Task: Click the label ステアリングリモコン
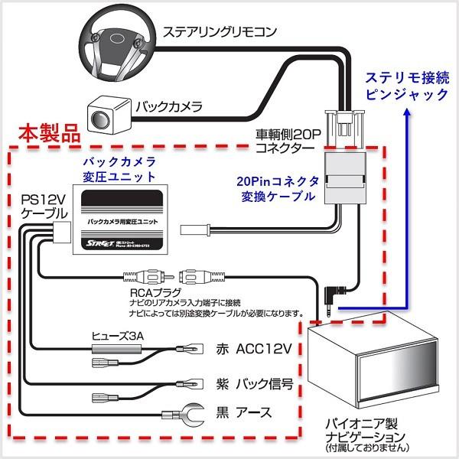click(218, 33)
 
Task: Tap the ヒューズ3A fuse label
click(115, 334)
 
